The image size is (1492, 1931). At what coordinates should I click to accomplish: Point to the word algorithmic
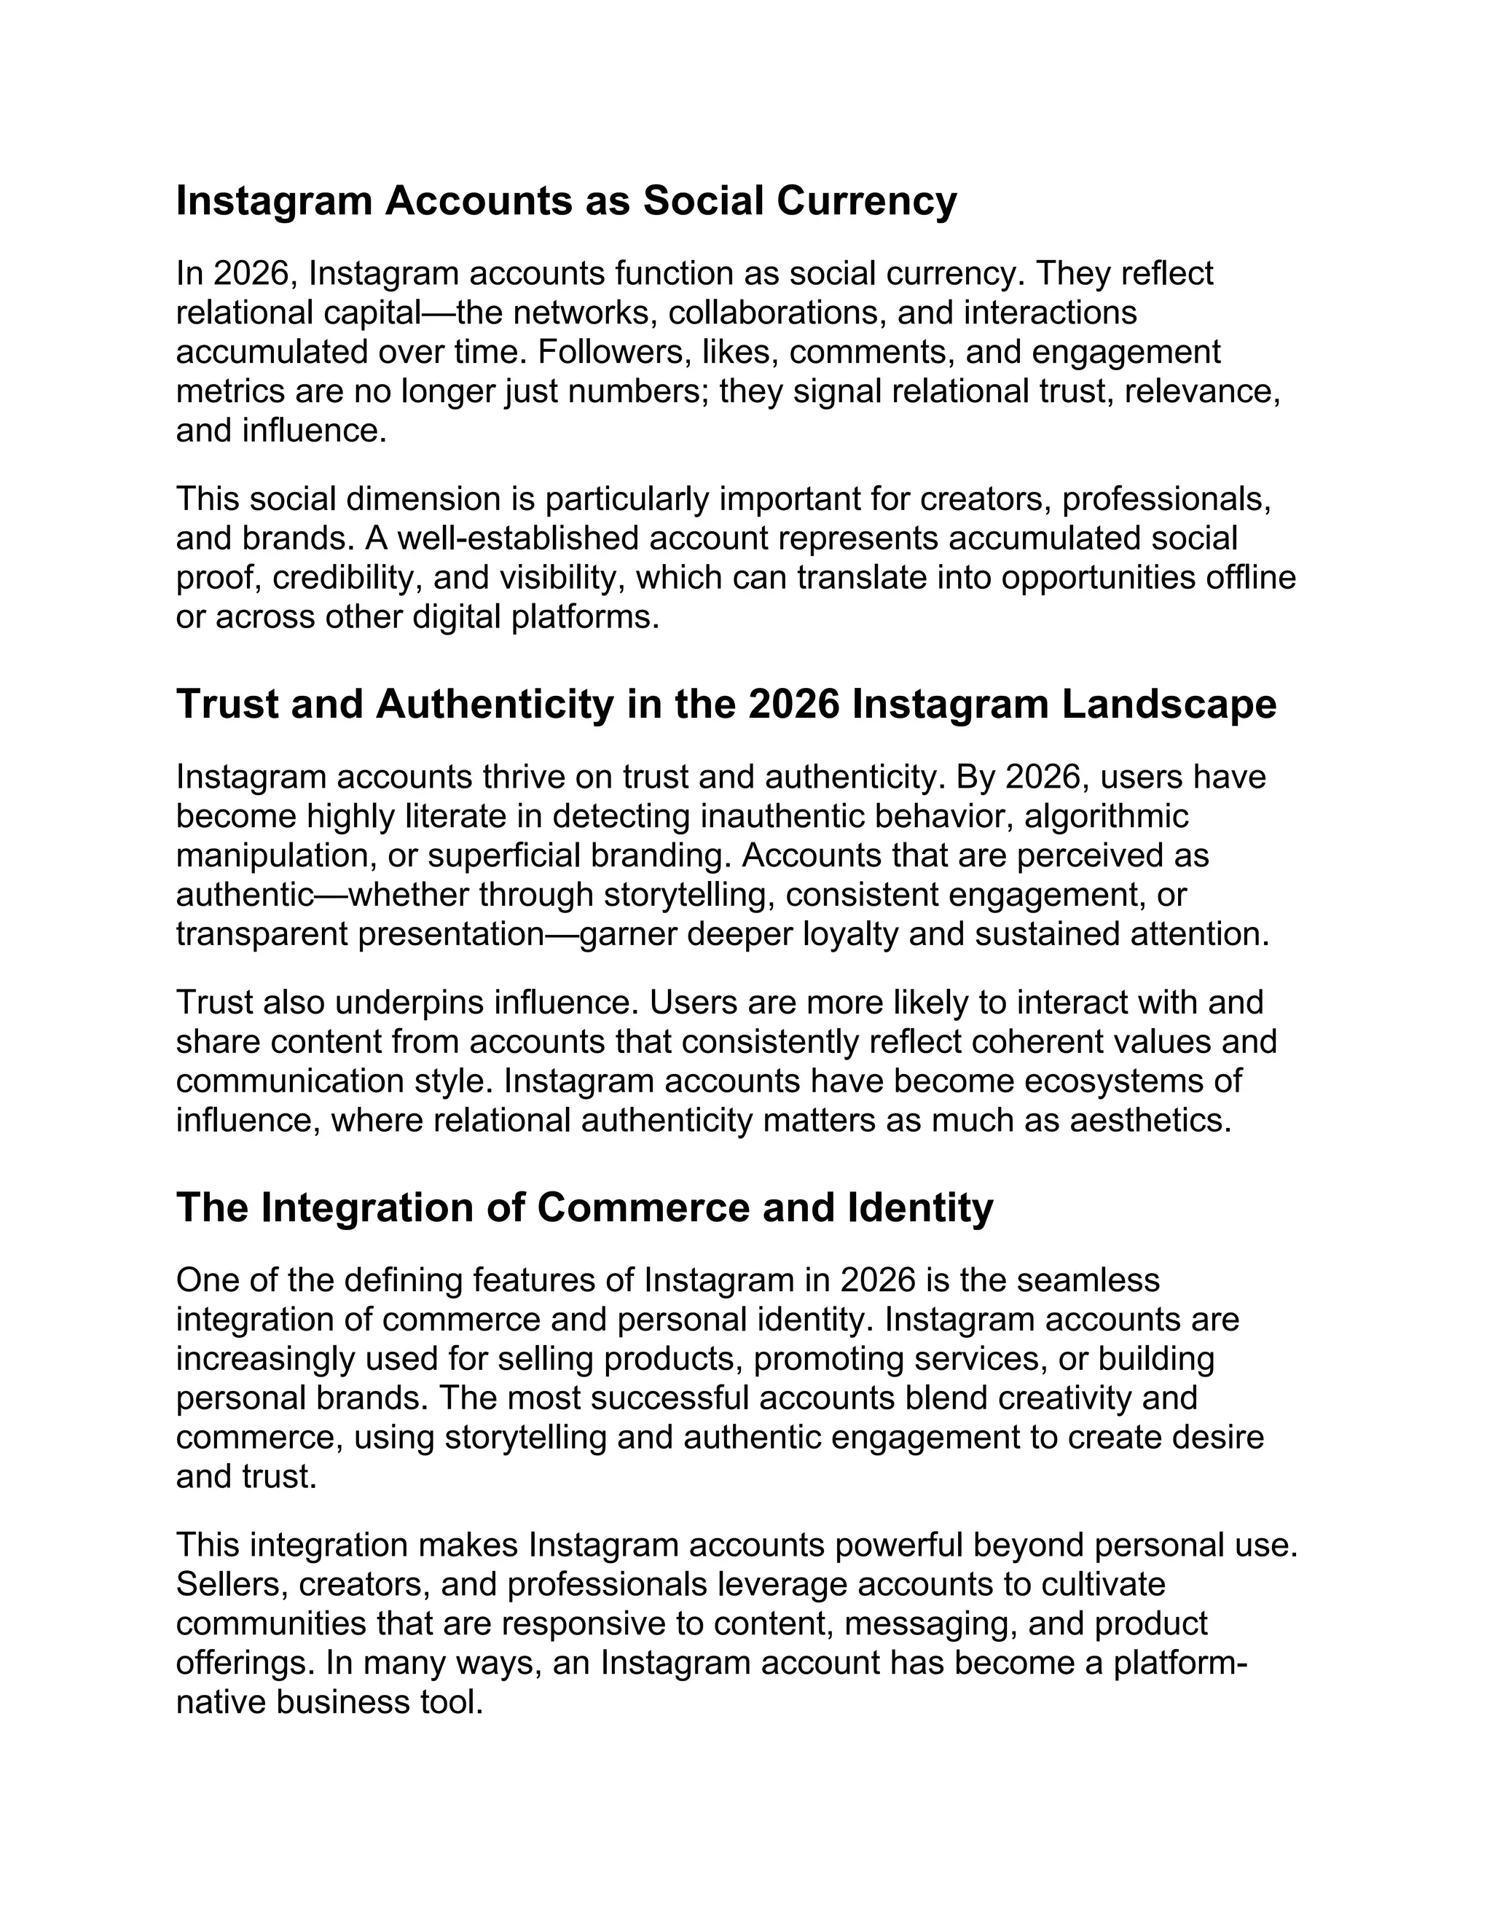pyautogui.click(x=1107, y=816)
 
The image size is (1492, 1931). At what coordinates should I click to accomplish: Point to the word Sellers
pyautogui.click(x=231, y=1584)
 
